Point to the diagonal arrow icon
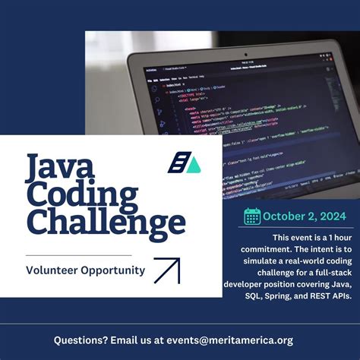pos(166,270)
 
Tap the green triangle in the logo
pos(194,165)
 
